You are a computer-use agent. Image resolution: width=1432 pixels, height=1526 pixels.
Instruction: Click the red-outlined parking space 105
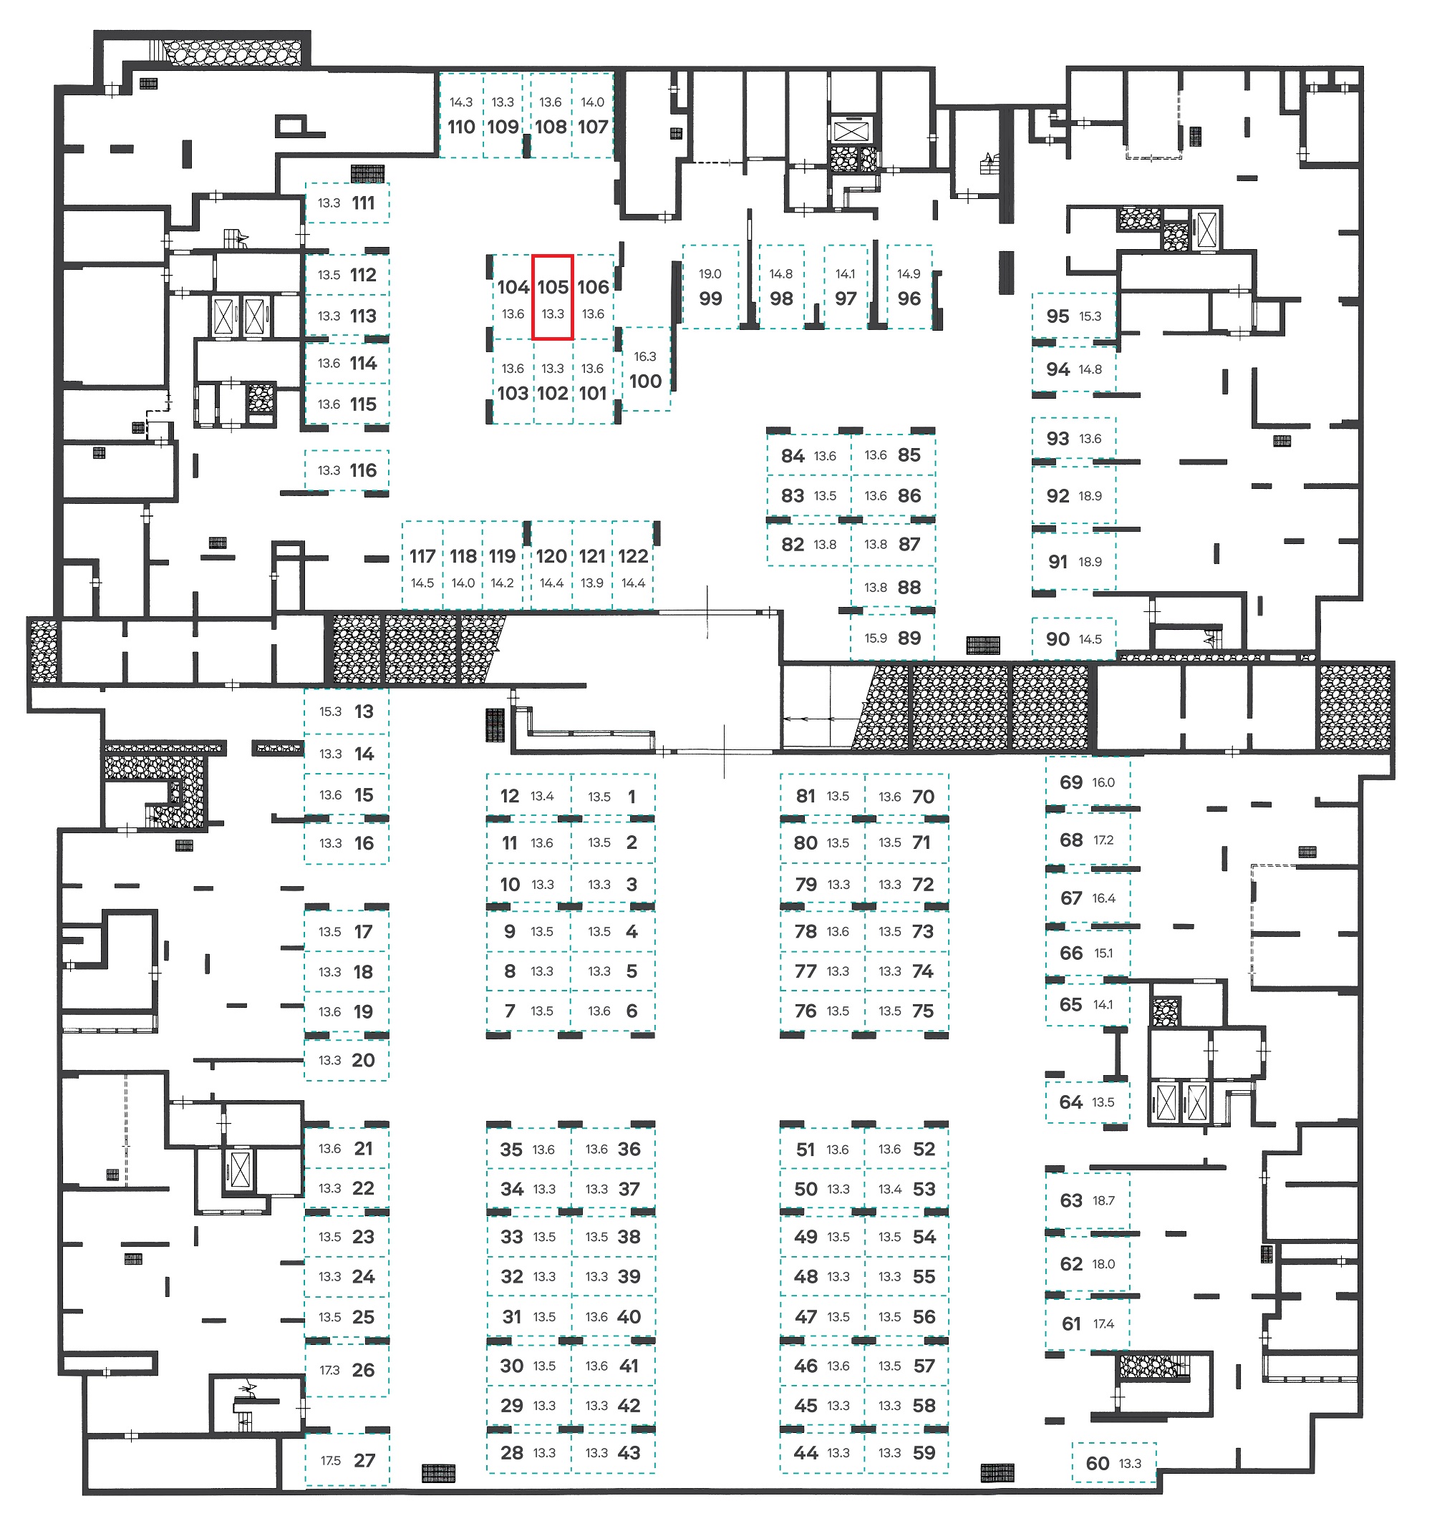[553, 297]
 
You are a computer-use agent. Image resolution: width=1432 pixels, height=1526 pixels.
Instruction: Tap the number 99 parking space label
[710, 298]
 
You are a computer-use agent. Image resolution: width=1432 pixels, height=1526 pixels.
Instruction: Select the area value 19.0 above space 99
[710, 274]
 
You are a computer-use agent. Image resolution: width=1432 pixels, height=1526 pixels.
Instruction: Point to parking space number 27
[364, 1460]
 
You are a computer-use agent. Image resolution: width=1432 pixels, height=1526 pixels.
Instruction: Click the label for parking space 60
[1097, 1463]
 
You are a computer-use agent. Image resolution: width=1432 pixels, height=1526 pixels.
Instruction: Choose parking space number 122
[634, 555]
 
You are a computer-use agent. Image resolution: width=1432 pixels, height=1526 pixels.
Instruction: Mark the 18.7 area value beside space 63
[1103, 1200]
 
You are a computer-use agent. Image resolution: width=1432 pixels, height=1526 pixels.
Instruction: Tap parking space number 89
[909, 638]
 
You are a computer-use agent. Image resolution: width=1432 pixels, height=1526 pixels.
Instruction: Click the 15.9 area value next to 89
[876, 638]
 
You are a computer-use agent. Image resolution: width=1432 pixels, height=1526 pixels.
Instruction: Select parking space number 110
[462, 127]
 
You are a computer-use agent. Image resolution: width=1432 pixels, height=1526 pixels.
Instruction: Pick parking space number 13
[364, 711]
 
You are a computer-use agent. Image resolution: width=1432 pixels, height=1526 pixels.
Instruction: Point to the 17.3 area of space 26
[329, 1370]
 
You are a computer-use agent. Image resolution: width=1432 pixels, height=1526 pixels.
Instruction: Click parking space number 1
[632, 797]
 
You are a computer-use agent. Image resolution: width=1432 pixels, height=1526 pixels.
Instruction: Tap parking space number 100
[645, 381]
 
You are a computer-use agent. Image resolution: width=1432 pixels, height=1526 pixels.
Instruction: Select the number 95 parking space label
[1058, 316]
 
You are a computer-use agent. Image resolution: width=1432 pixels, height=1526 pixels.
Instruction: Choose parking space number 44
[805, 1452]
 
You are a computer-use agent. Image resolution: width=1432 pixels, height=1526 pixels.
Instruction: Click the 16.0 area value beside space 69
[1103, 783]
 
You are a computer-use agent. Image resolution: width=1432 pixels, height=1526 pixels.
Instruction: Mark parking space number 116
[363, 470]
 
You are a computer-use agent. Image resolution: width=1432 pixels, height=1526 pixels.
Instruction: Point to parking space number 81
[805, 796]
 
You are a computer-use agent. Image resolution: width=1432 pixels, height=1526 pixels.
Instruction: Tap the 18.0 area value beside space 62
[1103, 1264]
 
